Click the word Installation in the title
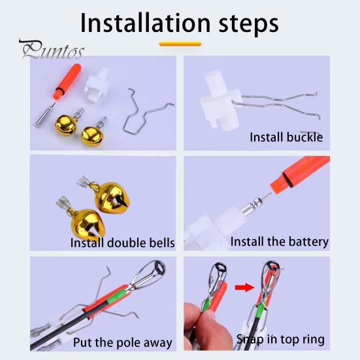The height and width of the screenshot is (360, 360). pyautogui.click(x=145, y=23)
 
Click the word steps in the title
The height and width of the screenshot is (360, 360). pyautogui.click(x=249, y=25)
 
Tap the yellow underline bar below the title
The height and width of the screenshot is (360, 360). pyautogui.click(x=180, y=44)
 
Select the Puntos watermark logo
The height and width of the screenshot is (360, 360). pyautogui.click(x=52, y=49)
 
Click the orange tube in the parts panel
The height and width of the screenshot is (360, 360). pyautogui.click(x=67, y=81)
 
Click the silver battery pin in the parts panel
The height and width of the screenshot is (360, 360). pyautogui.click(x=45, y=114)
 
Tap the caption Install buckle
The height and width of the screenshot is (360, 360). pyautogui.click(x=286, y=137)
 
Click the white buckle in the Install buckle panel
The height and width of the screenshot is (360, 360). pyautogui.click(x=220, y=101)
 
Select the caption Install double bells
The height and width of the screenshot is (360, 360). pyautogui.click(x=122, y=243)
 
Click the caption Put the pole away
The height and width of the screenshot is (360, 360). pyautogui.click(x=123, y=343)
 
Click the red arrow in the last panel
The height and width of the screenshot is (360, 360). pyautogui.click(x=245, y=287)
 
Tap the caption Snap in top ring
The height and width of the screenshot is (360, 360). pyautogui.click(x=280, y=340)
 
